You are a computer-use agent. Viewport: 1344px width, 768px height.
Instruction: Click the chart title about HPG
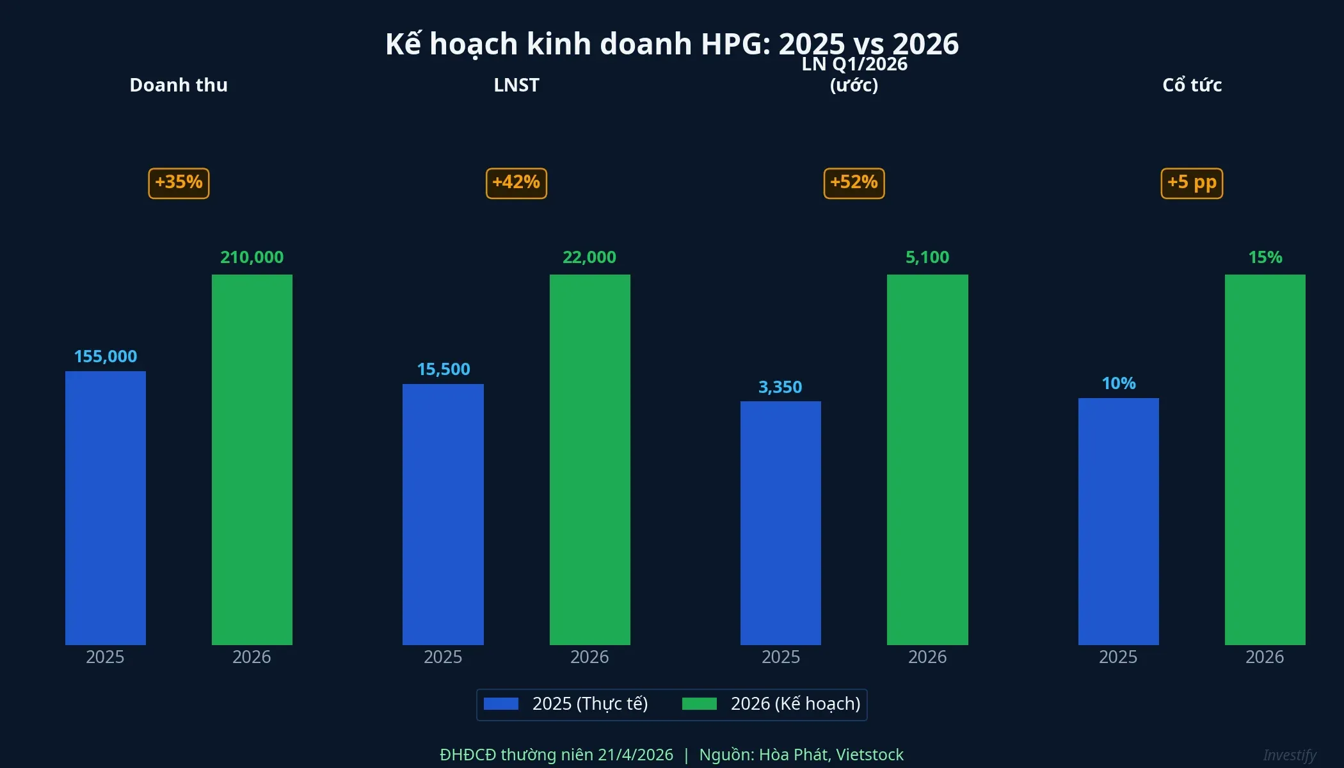[671, 44]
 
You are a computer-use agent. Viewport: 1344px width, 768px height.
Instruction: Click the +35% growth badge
[179, 183]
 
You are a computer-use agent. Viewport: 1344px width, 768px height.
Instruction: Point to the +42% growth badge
[516, 183]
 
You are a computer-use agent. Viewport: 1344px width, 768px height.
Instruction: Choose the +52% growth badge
[854, 183]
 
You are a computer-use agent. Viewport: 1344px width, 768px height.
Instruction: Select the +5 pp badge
[1192, 183]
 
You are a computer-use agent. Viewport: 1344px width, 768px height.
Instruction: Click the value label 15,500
[444, 369]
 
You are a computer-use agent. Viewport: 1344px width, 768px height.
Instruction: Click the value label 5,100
[927, 257]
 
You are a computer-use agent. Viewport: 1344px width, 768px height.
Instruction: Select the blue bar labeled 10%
[1118, 521]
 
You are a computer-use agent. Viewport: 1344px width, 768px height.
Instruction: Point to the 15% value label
[1265, 257]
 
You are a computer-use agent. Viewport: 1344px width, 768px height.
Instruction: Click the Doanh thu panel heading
[179, 85]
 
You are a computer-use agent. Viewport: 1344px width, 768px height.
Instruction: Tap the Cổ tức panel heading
[1192, 85]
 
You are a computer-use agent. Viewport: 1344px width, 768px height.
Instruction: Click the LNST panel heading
[516, 85]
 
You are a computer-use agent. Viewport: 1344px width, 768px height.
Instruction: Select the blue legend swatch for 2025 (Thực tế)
[500, 704]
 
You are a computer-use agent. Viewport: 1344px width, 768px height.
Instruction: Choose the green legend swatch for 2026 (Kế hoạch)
[699, 704]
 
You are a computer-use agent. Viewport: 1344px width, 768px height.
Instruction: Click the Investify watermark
[1290, 755]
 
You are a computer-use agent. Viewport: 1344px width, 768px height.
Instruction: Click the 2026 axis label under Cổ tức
[1265, 657]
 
